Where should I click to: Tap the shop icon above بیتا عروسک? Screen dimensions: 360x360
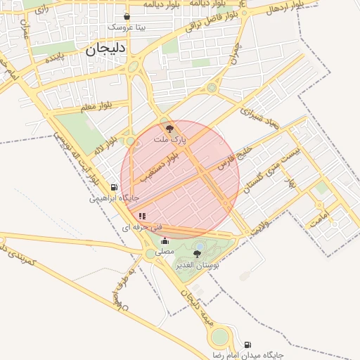pyautogui.click(x=127, y=17)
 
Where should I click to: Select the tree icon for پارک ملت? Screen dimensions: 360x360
pyautogui.click(x=169, y=129)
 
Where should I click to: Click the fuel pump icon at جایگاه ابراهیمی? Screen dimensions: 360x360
pyautogui.click(x=115, y=187)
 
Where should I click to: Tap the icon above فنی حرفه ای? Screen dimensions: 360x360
pyautogui.click(x=142, y=217)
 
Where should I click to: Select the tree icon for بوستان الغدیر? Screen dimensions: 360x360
pyautogui.click(x=199, y=255)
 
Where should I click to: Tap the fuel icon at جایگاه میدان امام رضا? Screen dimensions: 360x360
pyautogui.click(x=247, y=345)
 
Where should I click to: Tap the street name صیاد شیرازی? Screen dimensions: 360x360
pyautogui.click(x=259, y=119)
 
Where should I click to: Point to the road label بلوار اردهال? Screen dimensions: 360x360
pyautogui.click(x=284, y=8)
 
